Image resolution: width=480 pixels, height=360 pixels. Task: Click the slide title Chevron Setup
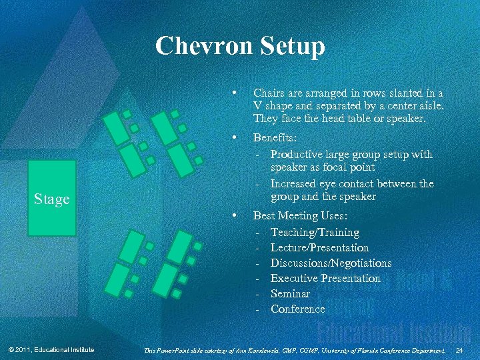pyautogui.click(x=240, y=47)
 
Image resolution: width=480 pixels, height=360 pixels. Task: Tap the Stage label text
pyautogui.click(x=52, y=199)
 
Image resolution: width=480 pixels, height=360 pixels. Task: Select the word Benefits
pyautogui.click(x=275, y=139)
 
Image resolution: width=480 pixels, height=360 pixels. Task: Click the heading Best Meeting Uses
pyautogui.click(x=300, y=217)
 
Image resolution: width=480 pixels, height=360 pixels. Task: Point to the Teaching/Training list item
pyautogui.click(x=315, y=232)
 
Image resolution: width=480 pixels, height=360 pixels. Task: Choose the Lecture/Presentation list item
pyautogui.click(x=319, y=247)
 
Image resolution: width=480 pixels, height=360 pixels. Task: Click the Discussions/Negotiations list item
pyautogui.click(x=331, y=263)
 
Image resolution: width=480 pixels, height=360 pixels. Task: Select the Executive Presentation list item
pyautogui.click(x=325, y=278)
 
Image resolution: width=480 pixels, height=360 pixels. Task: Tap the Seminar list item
pyautogui.click(x=290, y=293)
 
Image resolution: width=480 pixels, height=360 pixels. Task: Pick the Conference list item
pyautogui.click(x=297, y=309)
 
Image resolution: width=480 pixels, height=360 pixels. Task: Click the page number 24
pyautogui.click(x=458, y=350)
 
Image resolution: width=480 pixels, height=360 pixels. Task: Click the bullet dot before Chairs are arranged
pyautogui.click(x=232, y=92)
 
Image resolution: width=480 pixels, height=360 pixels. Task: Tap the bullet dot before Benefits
pyautogui.click(x=232, y=138)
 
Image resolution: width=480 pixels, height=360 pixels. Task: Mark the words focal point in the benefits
pyautogui.click(x=351, y=168)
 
